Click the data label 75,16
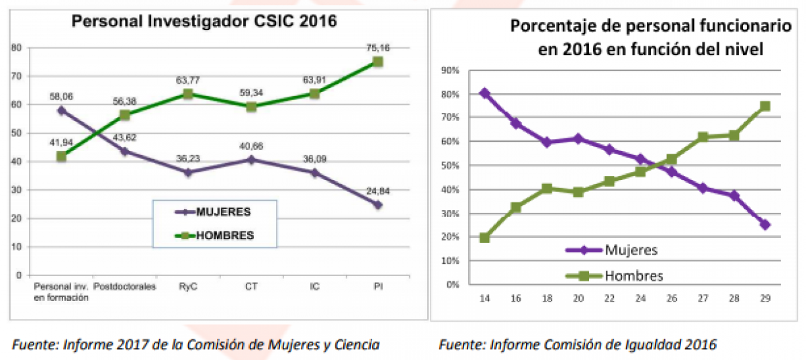click(x=377, y=48)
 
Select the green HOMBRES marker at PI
click(x=377, y=62)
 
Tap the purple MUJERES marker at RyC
click(x=187, y=172)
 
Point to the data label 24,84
click(x=377, y=191)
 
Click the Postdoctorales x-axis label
click(x=124, y=287)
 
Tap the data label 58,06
click(x=61, y=97)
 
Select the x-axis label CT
click(x=251, y=287)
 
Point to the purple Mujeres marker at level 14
click(x=484, y=93)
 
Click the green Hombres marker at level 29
click(x=765, y=106)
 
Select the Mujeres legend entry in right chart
click(x=631, y=250)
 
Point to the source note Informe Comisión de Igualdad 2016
click(x=578, y=345)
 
